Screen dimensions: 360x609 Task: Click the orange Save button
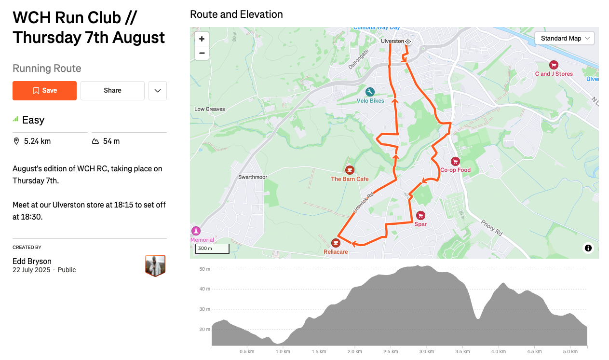pyautogui.click(x=44, y=91)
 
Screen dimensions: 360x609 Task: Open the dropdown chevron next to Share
pyautogui.click(x=158, y=91)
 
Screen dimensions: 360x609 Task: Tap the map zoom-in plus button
pyautogui.click(x=202, y=39)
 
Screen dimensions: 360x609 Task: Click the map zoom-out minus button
pyautogui.click(x=202, y=53)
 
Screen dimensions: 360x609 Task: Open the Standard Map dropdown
pyautogui.click(x=565, y=39)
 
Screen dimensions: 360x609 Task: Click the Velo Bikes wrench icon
pyautogui.click(x=370, y=92)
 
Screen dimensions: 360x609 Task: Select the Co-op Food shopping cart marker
pyautogui.click(x=455, y=162)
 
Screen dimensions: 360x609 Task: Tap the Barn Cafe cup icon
pyautogui.click(x=350, y=170)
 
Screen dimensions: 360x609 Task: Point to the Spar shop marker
pyautogui.click(x=420, y=215)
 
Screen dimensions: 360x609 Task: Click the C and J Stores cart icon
pyautogui.click(x=554, y=65)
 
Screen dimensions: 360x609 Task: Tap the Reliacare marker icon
pyautogui.click(x=336, y=243)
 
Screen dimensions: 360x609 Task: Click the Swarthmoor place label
pyautogui.click(x=253, y=177)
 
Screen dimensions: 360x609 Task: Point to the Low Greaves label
pyautogui.click(x=210, y=109)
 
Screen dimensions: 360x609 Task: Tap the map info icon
pyautogui.click(x=588, y=248)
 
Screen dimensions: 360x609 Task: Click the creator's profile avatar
pyautogui.click(x=155, y=265)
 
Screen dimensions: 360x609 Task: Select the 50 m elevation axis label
pyautogui.click(x=204, y=269)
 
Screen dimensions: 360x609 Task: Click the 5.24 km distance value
pyautogui.click(x=37, y=141)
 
